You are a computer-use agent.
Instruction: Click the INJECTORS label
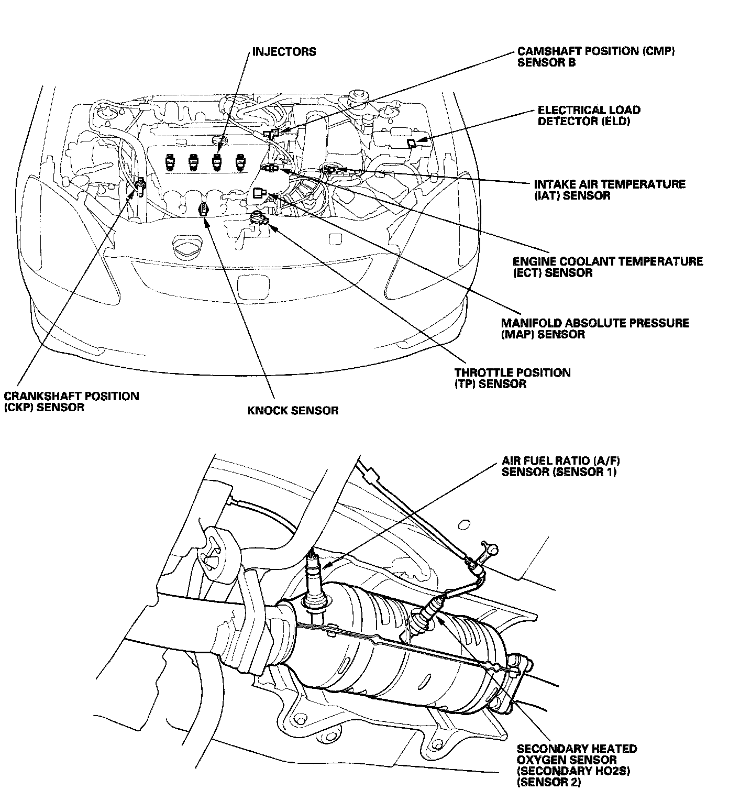tap(284, 52)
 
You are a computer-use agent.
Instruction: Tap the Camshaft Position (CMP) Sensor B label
tap(596, 57)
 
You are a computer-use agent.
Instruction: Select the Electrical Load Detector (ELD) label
tap(589, 116)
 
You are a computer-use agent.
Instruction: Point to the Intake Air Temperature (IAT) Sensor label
tap(609, 190)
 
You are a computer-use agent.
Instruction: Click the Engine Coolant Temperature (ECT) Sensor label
tap(607, 267)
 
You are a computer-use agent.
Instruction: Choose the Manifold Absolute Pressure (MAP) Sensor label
tap(594, 328)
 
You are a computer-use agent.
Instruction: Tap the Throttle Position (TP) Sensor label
tap(512, 378)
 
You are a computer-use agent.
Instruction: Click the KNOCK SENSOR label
tap(293, 410)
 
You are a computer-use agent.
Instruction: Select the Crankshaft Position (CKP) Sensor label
tap(71, 401)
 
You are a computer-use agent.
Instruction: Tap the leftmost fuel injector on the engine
tap(169, 162)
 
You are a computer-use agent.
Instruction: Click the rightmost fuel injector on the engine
tap(240, 162)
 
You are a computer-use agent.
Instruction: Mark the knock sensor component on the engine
tap(204, 210)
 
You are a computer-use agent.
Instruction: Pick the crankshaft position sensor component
tap(140, 186)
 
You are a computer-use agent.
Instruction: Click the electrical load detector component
tap(412, 142)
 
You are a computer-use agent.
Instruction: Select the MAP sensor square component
tap(258, 193)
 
